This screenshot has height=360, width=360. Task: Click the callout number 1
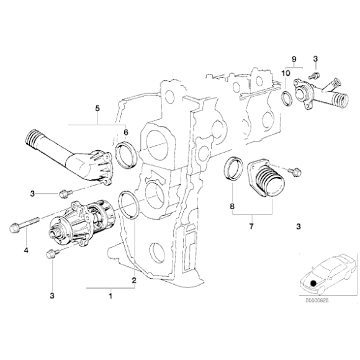(x=110, y=295)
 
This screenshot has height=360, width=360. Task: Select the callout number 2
(x=133, y=281)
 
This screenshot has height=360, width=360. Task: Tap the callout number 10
(x=286, y=73)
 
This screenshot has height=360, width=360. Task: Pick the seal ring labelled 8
(x=233, y=170)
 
